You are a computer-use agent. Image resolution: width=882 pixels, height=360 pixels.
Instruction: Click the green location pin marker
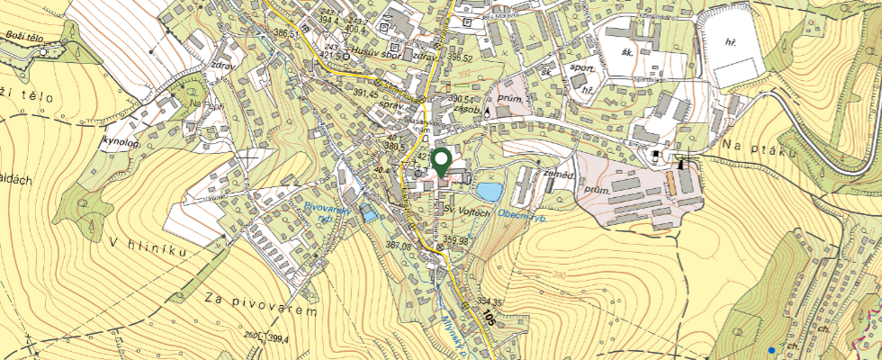click(x=441, y=162)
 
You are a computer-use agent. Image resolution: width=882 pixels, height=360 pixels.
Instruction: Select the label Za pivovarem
click(x=261, y=304)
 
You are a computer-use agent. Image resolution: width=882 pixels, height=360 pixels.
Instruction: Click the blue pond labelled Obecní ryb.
click(x=489, y=192)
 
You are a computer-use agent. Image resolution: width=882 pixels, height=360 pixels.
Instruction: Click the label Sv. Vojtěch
click(x=466, y=211)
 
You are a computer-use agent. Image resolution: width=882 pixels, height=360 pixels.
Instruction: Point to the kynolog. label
click(x=121, y=142)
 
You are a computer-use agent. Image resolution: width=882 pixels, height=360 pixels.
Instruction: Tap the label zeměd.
click(x=559, y=174)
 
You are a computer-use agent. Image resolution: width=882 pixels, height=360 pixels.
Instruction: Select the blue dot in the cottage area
click(x=772, y=349)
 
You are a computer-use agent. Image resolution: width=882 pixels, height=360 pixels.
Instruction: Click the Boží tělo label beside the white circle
click(x=22, y=37)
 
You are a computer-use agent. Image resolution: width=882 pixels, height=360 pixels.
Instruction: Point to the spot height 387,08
click(x=397, y=247)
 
